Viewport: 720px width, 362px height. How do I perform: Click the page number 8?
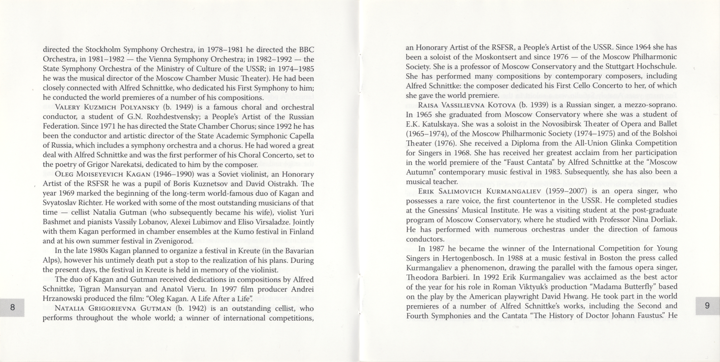coord(12,307)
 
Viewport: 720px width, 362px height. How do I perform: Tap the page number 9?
coord(707,305)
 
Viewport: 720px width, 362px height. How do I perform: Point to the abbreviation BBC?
coord(307,50)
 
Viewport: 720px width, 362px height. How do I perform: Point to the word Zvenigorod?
coord(173,241)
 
